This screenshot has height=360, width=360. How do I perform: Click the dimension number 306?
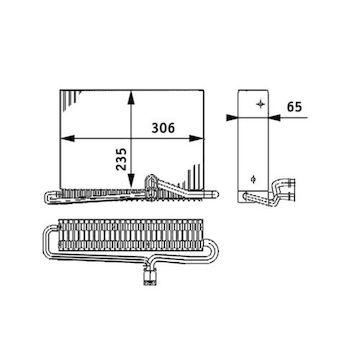[x=163, y=128]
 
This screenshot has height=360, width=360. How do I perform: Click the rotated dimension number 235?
[x=122, y=159]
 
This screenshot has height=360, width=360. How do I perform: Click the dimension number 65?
[x=294, y=107]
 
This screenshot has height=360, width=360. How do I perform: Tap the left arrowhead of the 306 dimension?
[x=67, y=138]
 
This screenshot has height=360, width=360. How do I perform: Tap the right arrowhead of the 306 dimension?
[x=196, y=138]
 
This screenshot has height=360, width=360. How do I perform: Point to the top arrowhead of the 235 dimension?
[x=131, y=97]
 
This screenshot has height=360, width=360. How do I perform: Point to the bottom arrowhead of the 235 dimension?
[x=131, y=181]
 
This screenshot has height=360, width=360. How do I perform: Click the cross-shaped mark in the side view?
[x=260, y=104]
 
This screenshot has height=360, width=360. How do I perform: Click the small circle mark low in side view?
[x=253, y=180]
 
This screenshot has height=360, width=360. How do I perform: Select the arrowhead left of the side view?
[x=232, y=117]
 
